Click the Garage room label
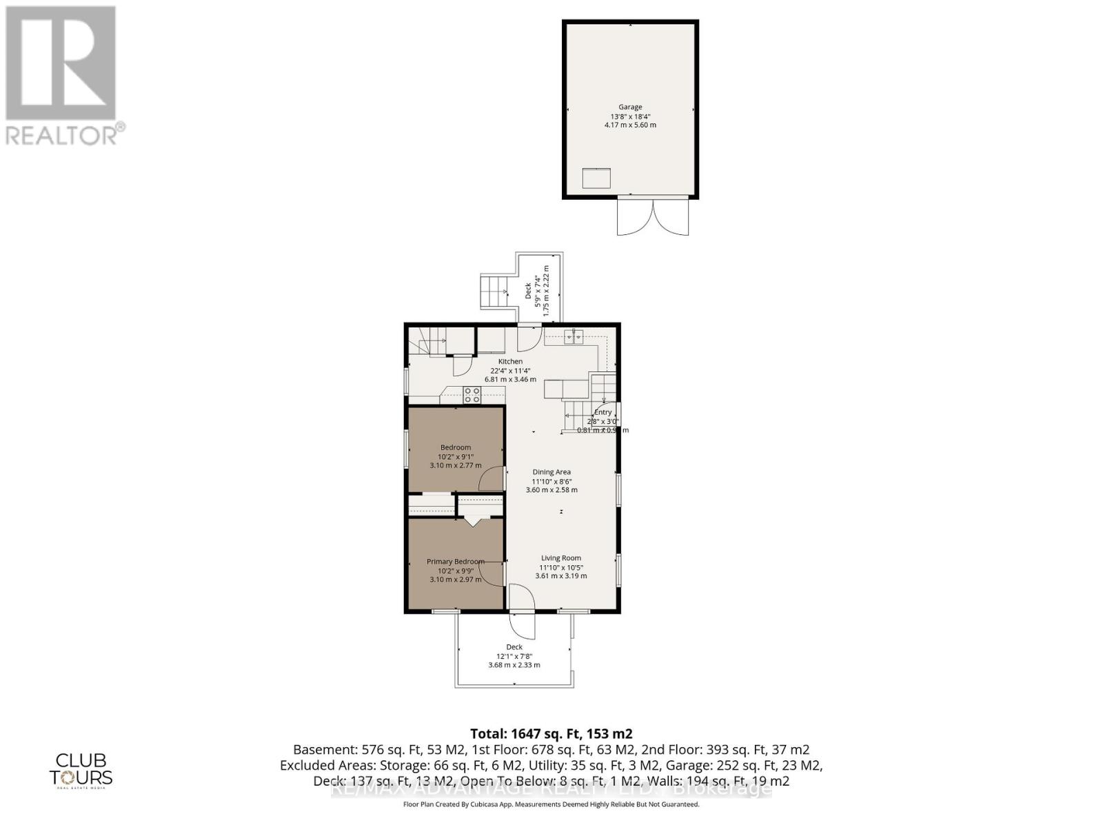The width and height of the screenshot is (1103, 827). [x=630, y=107]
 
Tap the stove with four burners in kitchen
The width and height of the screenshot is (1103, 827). [x=472, y=395]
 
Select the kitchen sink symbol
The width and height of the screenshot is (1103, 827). [x=574, y=336]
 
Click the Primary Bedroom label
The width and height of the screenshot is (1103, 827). [x=455, y=562]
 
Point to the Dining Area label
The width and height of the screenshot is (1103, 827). [x=551, y=472]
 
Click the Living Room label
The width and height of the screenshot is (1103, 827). [x=560, y=558]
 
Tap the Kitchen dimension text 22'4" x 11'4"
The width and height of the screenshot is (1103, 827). [x=510, y=370]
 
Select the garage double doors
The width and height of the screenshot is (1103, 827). [x=653, y=216]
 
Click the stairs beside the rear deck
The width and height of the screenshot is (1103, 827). [x=495, y=292]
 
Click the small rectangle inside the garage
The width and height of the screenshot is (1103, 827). [x=597, y=178]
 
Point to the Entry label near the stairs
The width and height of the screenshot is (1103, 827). [x=603, y=412]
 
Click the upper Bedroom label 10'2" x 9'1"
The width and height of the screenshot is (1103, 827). [x=456, y=456]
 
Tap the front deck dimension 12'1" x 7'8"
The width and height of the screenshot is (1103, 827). [x=514, y=656]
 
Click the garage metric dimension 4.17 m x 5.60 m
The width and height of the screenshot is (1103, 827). [x=630, y=125]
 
